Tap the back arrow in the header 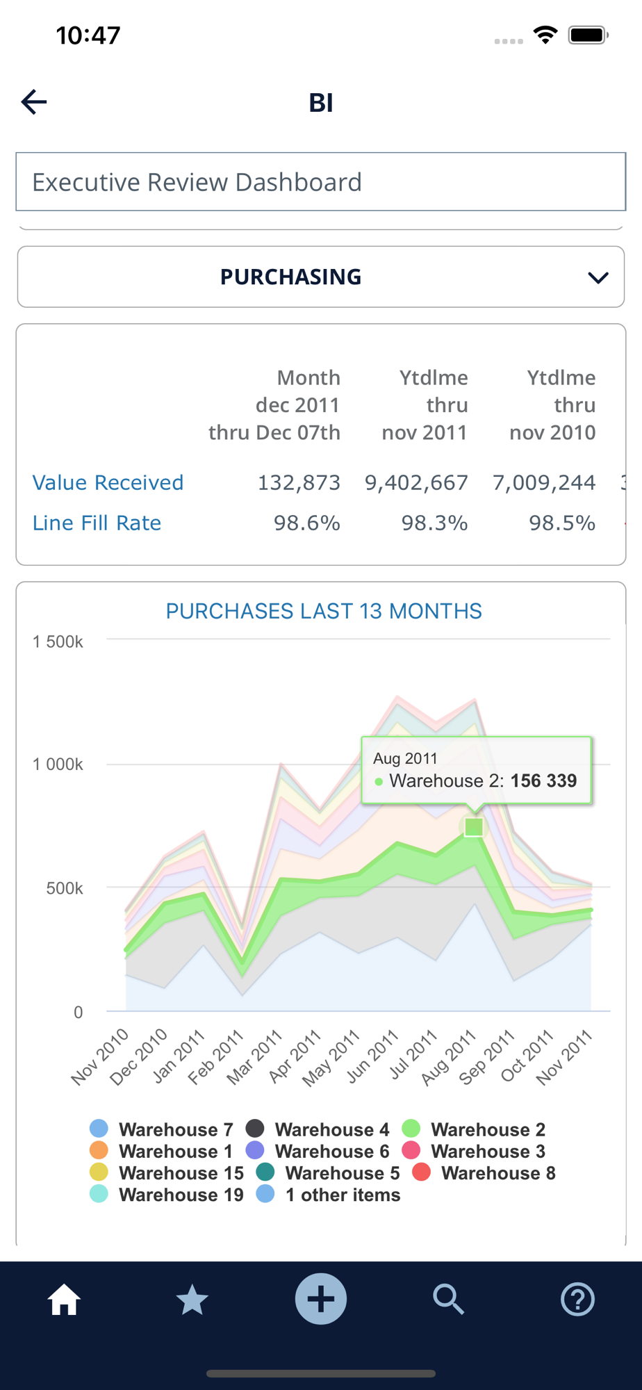click(x=34, y=102)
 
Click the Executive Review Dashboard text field click(x=320, y=182)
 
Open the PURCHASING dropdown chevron click(x=598, y=277)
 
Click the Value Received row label click(x=108, y=482)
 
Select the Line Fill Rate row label click(x=97, y=523)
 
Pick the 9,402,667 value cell click(x=416, y=482)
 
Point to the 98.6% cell click(x=306, y=523)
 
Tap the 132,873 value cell click(x=299, y=482)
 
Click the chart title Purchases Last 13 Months click(x=323, y=611)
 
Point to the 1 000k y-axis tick click(x=58, y=764)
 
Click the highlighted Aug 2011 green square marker click(x=474, y=827)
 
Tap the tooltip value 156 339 click(x=543, y=780)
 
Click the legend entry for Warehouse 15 click(x=167, y=1173)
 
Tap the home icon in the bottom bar click(x=64, y=1299)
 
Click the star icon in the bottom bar click(x=192, y=1299)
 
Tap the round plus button click(x=321, y=1299)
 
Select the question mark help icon click(x=577, y=1299)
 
